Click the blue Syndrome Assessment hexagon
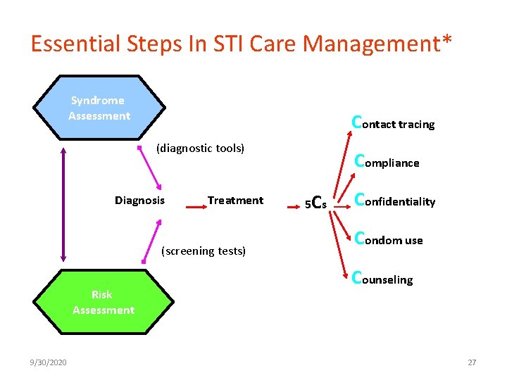pyautogui.click(x=99, y=108)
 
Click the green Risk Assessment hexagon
pyautogui.click(x=103, y=302)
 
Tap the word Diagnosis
pyautogui.click(x=139, y=201)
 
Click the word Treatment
pyautogui.click(x=235, y=201)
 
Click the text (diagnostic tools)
pyautogui.click(x=200, y=148)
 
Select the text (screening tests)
pyautogui.click(x=204, y=251)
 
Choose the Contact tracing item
pyautogui.click(x=393, y=123)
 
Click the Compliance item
pyautogui.click(x=387, y=162)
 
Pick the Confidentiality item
pyautogui.click(x=394, y=201)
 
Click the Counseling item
pyautogui.click(x=382, y=279)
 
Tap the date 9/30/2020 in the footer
pyautogui.click(x=49, y=362)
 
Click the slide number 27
pyautogui.click(x=472, y=362)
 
